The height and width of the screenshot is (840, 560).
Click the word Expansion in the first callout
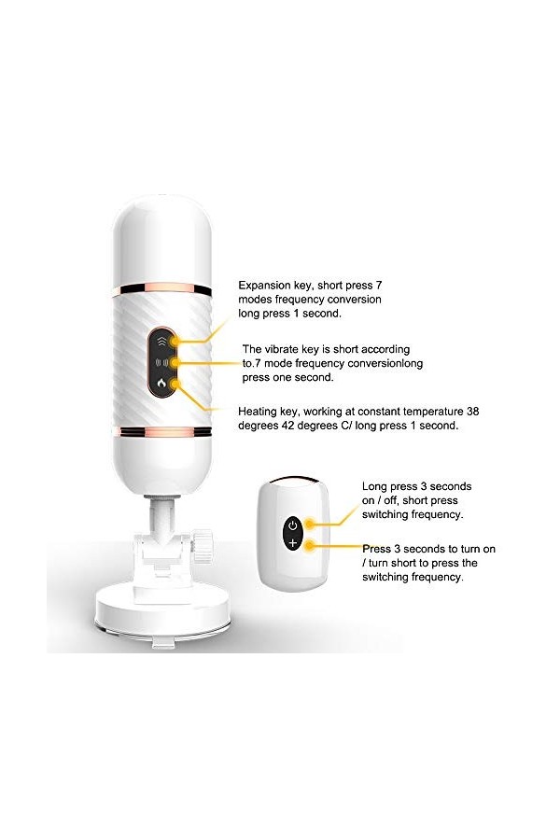267,284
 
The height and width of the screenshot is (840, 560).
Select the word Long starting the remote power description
376,486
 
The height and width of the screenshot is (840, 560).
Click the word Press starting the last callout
379,549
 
